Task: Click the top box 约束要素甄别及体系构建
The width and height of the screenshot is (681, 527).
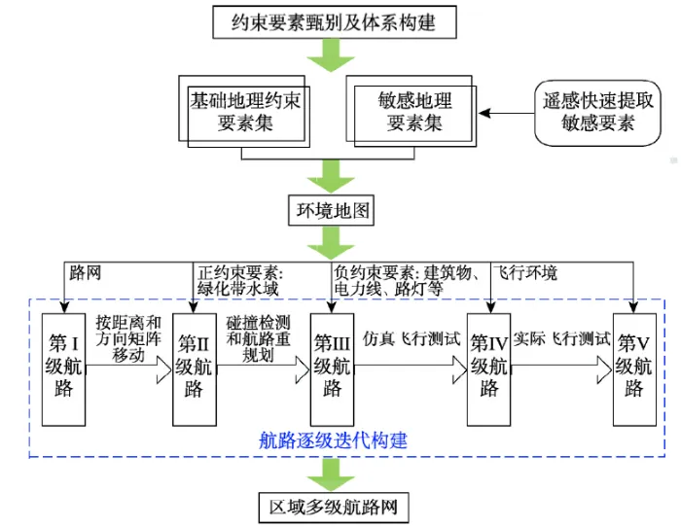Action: [x=335, y=22]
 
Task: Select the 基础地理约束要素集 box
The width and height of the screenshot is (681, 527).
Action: [x=244, y=112]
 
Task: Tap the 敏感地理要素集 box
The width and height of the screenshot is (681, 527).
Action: [x=412, y=112]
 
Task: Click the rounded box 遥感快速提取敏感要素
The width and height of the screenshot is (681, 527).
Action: [x=597, y=113]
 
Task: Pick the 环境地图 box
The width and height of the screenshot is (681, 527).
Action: [x=332, y=211]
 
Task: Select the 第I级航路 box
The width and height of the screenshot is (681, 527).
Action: [x=63, y=369]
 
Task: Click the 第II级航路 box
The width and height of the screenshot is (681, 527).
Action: [x=195, y=369]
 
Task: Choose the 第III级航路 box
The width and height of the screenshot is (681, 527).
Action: [x=333, y=369]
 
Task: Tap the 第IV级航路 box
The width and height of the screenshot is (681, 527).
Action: [x=488, y=369]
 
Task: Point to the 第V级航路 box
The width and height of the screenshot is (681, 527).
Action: [x=634, y=369]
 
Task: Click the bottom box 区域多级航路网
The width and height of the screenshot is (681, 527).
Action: [x=334, y=507]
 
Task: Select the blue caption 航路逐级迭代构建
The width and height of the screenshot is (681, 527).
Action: [x=333, y=441]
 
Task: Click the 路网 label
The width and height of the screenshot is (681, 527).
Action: [x=86, y=273]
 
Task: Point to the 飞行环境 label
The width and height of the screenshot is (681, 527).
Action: [x=526, y=273]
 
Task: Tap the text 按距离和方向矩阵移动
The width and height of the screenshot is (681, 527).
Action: [x=128, y=339]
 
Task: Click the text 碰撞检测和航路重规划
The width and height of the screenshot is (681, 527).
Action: [x=259, y=339]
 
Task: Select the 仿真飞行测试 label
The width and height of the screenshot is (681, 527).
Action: [x=412, y=339]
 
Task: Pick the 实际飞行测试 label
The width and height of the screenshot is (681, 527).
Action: [x=562, y=338]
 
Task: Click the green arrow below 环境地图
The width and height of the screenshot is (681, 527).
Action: [x=331, y=243]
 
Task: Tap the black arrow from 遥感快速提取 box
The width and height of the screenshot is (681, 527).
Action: [x=506, y=114]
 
